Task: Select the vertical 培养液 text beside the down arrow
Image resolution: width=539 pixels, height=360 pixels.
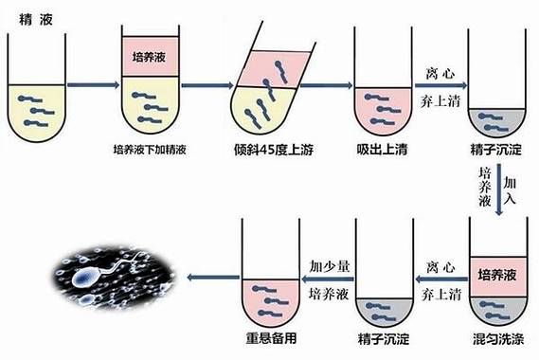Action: (x=485, y=189)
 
